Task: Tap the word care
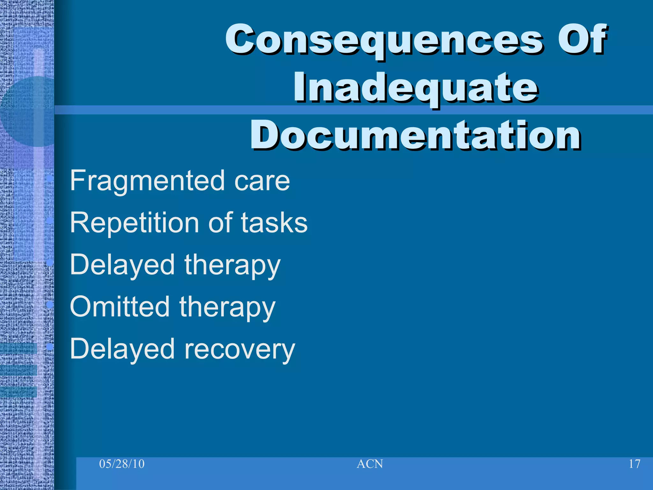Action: [262, 181]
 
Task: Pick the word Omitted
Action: [120, 307]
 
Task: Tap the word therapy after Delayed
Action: [232, 265]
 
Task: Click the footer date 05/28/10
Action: [122, 464]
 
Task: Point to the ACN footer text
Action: [370, 464]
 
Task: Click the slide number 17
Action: [635, 464]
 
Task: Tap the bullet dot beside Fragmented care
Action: [49, 179]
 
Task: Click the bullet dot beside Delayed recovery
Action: [49, 346]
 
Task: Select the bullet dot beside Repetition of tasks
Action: [49, 220]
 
